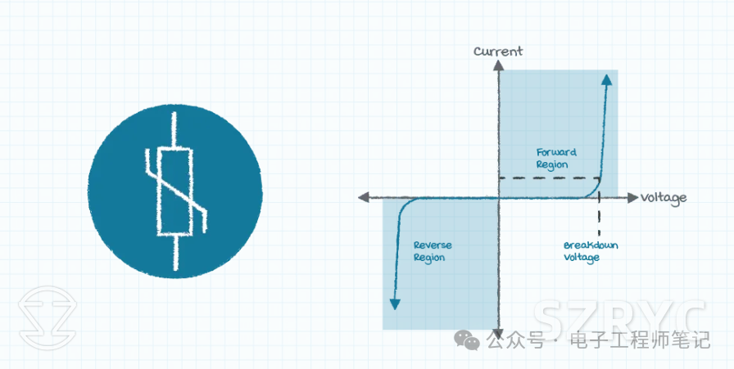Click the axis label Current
pos(497,51)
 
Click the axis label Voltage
pos(664,198)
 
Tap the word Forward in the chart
pos(557,151)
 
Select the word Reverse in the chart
pos(433,245)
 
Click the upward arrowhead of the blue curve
pos(606,79)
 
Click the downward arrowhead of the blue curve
pos(395,304)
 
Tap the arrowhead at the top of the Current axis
pos(497,65)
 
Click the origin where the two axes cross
pos(497,197)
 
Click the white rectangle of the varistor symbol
pos(175,190)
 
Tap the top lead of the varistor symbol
pos(174,128)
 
